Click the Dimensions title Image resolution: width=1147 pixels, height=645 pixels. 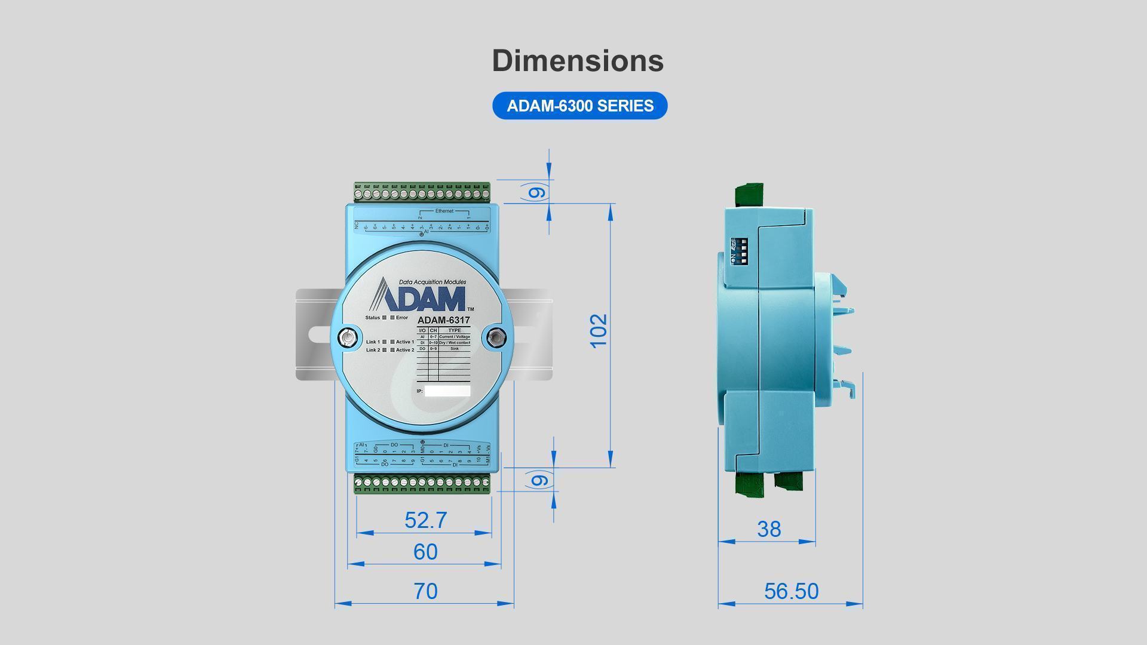[578, 60]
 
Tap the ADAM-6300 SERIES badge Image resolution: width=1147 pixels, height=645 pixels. [579, 106]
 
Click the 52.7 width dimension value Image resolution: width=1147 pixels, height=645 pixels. [425, 520]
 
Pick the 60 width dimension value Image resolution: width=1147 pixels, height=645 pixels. [425, 552]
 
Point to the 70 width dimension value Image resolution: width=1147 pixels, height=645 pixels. [425, 591]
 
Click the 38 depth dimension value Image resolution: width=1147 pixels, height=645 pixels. [769, 529]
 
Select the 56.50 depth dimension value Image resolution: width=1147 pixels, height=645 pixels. [791, 591]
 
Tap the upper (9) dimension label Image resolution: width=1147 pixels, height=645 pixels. [536, 192]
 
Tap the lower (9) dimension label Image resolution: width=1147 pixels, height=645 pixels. [539, 480]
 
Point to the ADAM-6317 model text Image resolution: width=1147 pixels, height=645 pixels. [443, 320]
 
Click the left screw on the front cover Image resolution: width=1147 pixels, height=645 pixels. [345, 337]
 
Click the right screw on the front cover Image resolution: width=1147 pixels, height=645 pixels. [494, 337]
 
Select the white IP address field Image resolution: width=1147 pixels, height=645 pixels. [447, 391]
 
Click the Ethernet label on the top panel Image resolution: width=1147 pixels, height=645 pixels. [444, 211]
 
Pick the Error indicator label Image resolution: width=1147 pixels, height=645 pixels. [401, 318]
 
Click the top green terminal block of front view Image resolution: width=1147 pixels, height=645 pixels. [422, 192]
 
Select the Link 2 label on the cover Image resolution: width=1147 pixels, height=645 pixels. [373, 350]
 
